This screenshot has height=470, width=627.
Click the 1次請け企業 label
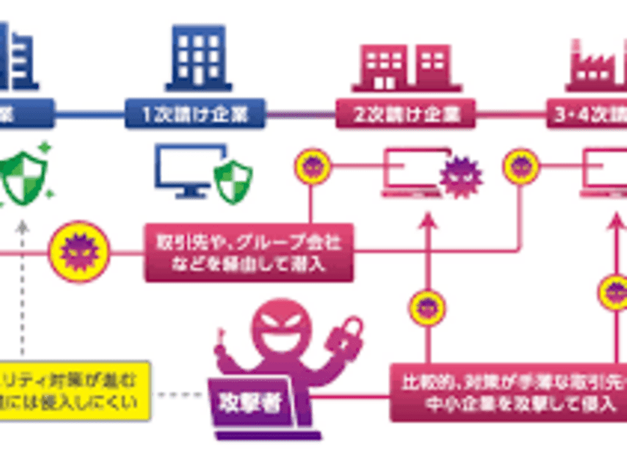[197, 114]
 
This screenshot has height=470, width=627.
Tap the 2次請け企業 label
[406, 114]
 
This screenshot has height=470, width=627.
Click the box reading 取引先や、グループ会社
[248, 250]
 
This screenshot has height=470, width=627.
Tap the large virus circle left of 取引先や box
[78, 251]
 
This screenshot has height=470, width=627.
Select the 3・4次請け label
[588, 114]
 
